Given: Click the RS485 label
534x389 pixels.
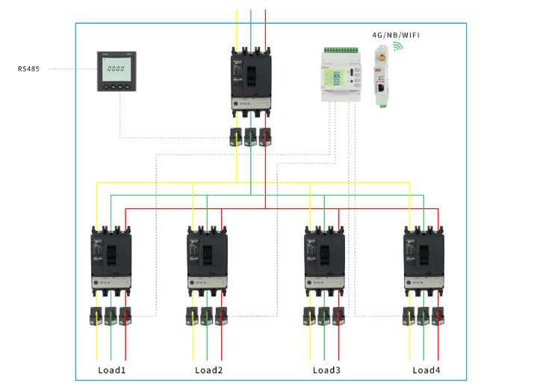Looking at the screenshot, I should [29, 69].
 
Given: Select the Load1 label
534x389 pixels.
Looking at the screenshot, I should [111, 370].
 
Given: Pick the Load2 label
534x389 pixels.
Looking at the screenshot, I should [208, 370].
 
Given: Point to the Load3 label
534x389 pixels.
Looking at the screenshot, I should [326, 370].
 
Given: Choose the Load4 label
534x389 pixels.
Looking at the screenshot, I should [426, 370].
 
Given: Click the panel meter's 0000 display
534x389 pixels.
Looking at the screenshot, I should [116, 68].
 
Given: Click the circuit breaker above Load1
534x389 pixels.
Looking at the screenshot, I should [111, 261].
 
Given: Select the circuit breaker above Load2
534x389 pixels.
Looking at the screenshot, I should [207, 261].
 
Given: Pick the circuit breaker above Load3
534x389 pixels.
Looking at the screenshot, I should [324, 261].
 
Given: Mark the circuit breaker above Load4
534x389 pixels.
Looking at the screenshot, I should [423, 261].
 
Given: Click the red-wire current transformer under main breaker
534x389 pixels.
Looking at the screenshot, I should [265, 137].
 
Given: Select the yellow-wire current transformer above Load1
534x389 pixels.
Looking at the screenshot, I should [97, 315].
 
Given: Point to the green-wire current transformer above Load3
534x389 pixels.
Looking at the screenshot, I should [324, 315].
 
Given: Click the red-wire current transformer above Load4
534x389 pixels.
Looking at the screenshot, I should [438, 315].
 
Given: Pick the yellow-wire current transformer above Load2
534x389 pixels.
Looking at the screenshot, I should [193, 315].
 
